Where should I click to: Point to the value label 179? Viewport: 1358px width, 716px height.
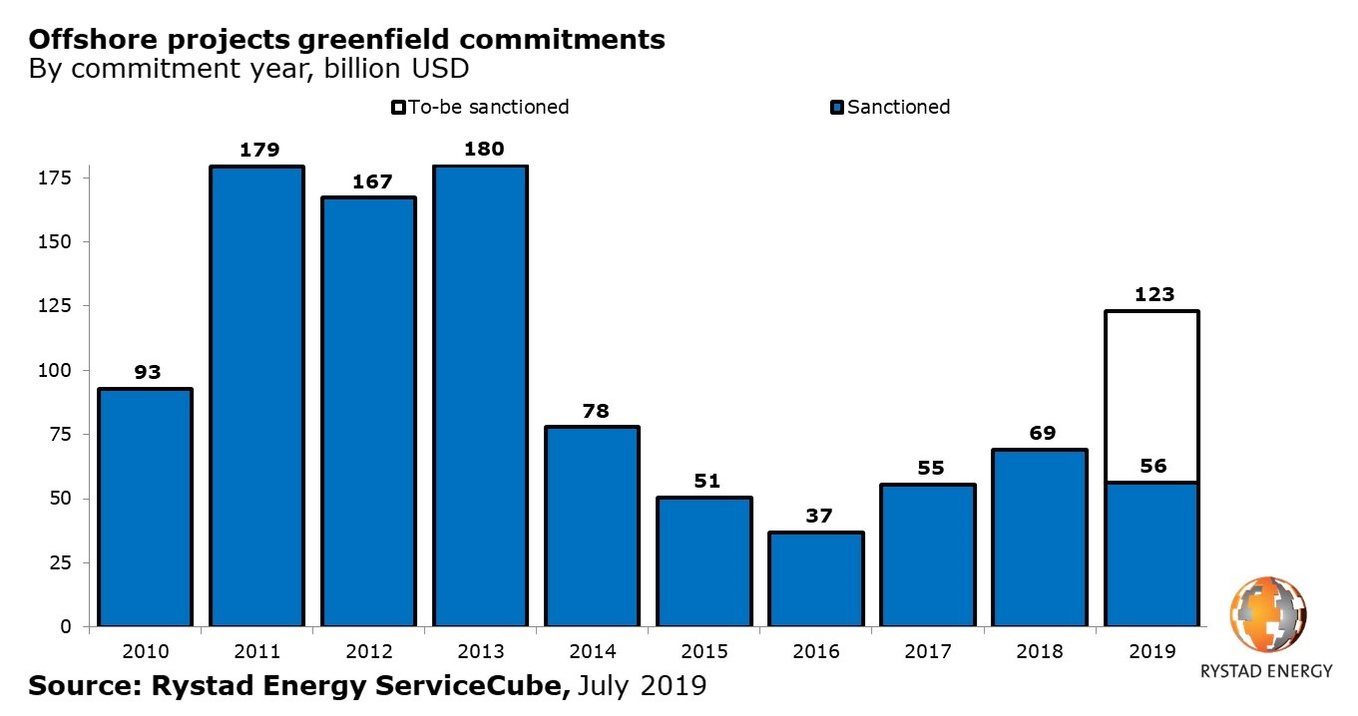(x=256, y=151)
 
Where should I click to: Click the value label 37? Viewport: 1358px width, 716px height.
(x=815, y=517)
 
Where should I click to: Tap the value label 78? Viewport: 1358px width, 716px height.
(x=592, y=411)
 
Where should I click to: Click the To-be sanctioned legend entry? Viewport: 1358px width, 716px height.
(x=481, y=107)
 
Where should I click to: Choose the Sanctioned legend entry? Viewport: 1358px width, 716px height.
(x=891, y=107)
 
